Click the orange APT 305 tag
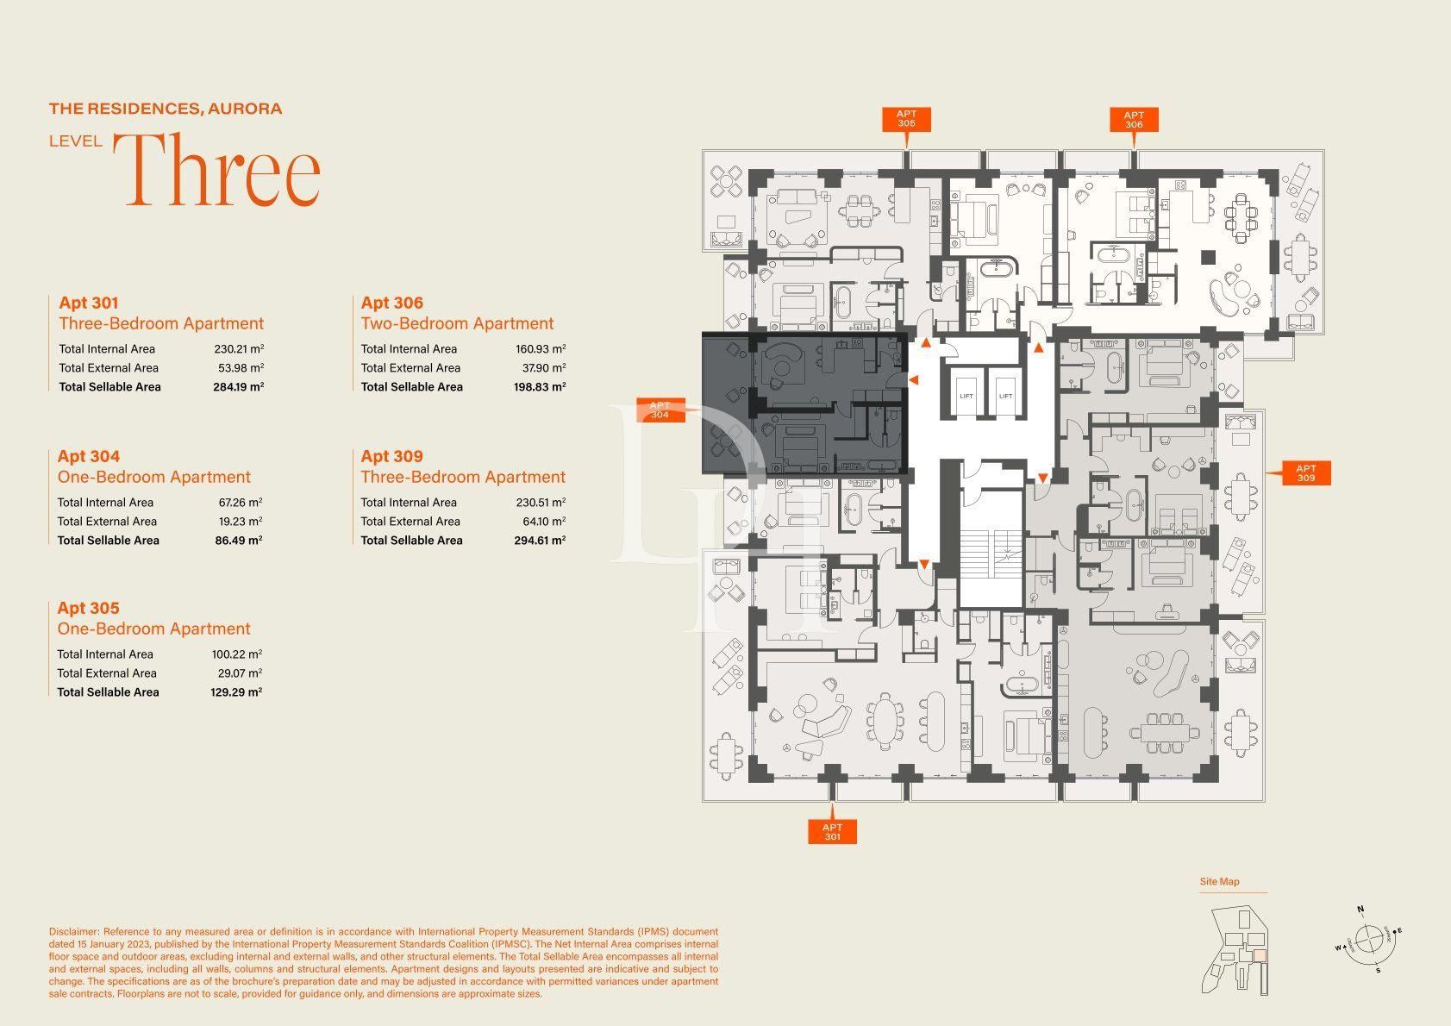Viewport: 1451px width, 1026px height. point(906,119)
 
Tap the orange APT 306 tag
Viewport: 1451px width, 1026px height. point(1134,120)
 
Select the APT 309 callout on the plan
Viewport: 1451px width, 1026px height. point(1306,472)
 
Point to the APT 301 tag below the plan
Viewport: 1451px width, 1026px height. point(832,832)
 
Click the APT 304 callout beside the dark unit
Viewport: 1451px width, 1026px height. point(660,410)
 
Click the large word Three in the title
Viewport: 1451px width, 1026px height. point(217,170)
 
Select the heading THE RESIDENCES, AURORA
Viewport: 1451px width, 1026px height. point(166,109)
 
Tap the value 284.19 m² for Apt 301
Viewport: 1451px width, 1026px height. point(238,387)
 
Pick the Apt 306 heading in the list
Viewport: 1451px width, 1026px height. point(392,303)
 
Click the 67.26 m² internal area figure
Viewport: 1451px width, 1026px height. point(241,502)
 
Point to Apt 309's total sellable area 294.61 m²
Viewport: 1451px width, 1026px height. point(540,541)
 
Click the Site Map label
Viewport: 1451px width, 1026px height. point(1219,881)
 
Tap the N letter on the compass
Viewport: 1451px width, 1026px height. point(1360,910)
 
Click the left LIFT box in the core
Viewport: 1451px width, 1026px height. point(966,392)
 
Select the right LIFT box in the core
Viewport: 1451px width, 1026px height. point(1005,392)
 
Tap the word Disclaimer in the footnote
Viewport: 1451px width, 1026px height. point(74,931)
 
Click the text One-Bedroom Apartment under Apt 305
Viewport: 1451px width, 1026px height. point(153,629)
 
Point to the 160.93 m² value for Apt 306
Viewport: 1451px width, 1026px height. point(541,348)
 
